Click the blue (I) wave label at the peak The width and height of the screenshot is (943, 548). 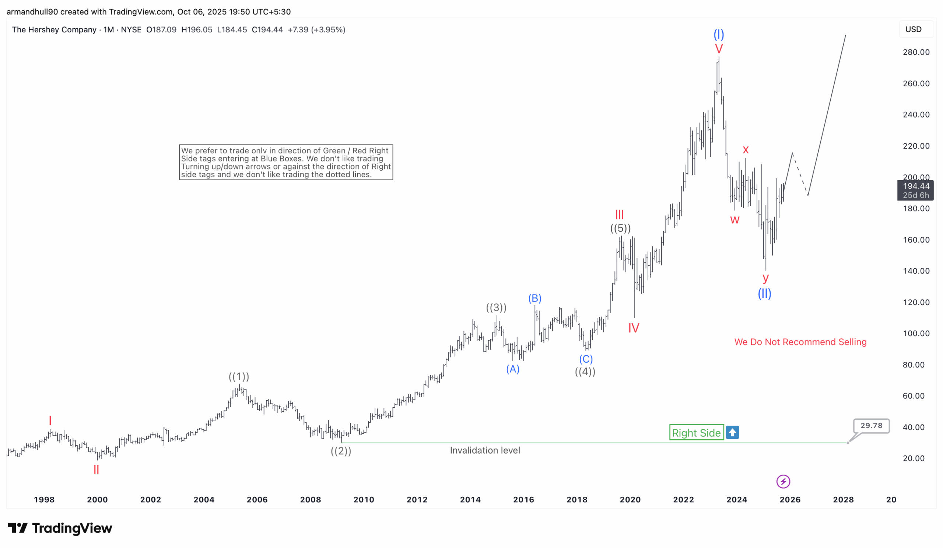click(718, 35)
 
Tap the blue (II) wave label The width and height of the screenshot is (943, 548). click(764, 293)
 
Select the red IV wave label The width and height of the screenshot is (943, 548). click(634, 328)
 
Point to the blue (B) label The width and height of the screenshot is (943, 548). click(535, 299)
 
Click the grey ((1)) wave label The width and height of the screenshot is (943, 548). click(239, 377)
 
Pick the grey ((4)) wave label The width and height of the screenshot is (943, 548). click(585, 372)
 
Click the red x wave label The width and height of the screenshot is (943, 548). click(746, 150)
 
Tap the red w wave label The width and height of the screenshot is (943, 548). click(735, 220)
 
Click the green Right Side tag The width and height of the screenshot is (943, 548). click(696, 433)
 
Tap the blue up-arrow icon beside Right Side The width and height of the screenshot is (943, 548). click(732, 433)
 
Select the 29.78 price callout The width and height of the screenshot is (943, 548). click(871, 426)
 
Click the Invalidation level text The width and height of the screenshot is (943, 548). click(485, 450)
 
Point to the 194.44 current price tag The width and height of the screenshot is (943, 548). click(915, 190)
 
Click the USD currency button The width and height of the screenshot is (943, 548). click(913, 29)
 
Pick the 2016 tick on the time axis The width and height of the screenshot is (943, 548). click(523, 499)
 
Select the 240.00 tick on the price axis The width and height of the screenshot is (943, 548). click(916, 115)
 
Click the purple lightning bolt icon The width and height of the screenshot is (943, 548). click(783, 481)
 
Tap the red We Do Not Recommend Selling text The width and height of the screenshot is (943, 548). click(800, 342)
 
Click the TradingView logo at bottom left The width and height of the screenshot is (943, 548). click(60, 528)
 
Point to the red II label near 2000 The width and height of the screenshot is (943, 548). click(96, 470)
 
